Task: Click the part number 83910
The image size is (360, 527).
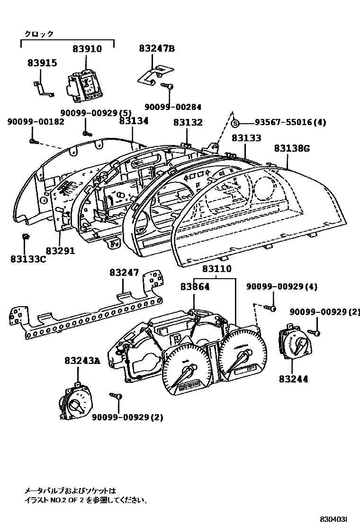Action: (87, 49)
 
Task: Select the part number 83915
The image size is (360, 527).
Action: (42, 62)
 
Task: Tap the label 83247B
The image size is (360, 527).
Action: (157, 48)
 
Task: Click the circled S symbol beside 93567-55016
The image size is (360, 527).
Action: (235, 123)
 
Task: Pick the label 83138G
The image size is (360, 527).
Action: (291, 148)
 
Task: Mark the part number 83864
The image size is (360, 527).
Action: (195, 287)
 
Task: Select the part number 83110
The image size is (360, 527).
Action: (217, 269)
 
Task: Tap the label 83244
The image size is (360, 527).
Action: (293, 379)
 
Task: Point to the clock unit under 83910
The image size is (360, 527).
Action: (83, 87)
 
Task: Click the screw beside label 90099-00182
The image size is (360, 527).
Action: (32, 141)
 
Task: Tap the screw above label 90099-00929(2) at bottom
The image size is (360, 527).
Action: (116, 395)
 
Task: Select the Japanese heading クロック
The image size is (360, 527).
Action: (39, 34)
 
